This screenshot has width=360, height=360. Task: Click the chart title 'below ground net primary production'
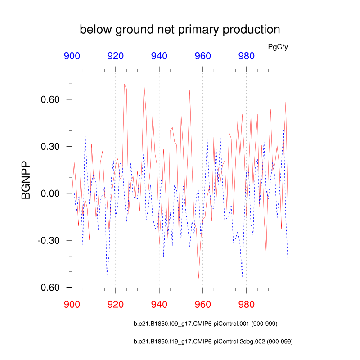(x=180, y=30)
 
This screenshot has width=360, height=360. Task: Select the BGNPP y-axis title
(x=26, y=180)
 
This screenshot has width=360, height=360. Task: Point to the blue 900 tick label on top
(x=72, y=56)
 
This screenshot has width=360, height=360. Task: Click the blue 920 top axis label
(x=116, y=56)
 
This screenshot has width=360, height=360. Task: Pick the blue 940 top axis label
(x=159, y=56)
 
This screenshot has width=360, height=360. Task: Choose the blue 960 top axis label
(x=203, y=56)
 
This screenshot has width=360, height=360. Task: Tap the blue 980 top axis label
(x=246, y=56)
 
